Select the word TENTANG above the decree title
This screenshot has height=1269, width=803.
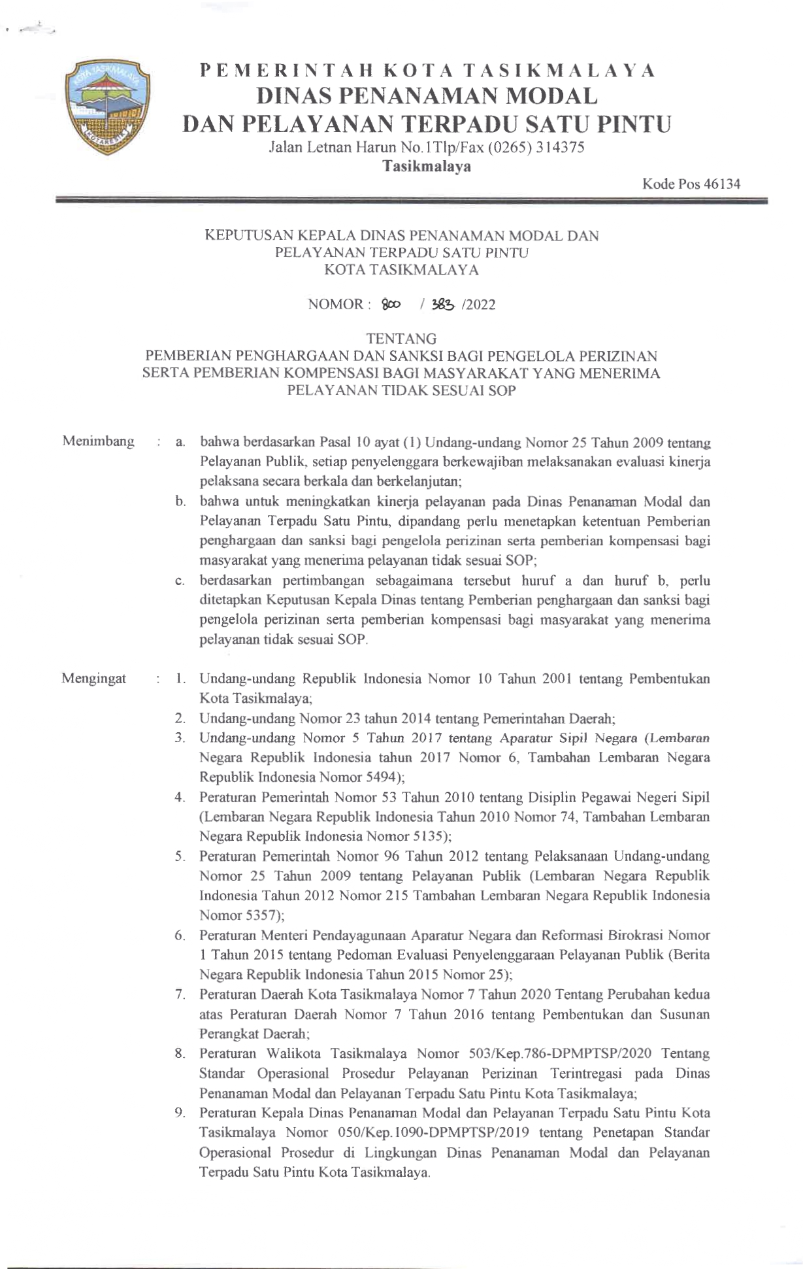click(401, 339)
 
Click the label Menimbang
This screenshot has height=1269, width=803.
click(99, 441)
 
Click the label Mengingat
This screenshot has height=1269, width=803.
click(94, 679)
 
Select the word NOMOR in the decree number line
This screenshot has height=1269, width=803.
click(335, 305)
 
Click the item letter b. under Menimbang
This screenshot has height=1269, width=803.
click(179, 502)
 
